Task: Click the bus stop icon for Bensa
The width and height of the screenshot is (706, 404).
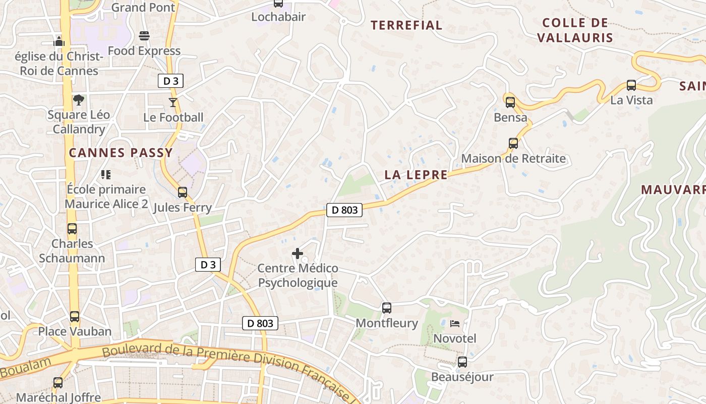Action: [x=510, y=103]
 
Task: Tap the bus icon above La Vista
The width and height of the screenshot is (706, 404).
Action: [x=631, y=85]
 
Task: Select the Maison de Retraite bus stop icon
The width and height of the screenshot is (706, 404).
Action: [x=513, y=143]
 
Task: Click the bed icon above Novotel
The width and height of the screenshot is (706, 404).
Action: [x=455, y=323]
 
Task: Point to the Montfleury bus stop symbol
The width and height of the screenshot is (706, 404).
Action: [x=387, y=308]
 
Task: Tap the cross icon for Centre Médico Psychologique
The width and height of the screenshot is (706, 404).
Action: [x=298, y=253]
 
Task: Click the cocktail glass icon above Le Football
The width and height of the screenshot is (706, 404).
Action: [x=173, y=103]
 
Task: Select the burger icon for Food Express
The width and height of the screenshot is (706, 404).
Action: [x=144, y=36]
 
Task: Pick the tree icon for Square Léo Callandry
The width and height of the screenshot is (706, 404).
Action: [x=78, y=100]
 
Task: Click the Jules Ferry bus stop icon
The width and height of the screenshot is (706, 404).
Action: [x=182, y=192]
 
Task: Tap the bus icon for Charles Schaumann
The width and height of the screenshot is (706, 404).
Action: [x=72, y=229]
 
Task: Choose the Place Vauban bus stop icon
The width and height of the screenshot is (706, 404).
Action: [x=75, y=317]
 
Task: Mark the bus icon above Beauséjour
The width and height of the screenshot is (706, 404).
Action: [x=462, y=362]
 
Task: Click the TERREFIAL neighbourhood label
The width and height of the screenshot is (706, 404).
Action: [x=406, y=25]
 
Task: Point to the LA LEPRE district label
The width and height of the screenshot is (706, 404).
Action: [x=416, y=175]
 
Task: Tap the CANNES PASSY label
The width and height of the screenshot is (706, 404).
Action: [x=121, y=153]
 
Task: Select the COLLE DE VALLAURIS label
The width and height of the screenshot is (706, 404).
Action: [x=575, y=30]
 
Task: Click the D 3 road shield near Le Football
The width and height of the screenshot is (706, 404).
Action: [x=170, y=81]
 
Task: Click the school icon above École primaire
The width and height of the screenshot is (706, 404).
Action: [x=106, y=175]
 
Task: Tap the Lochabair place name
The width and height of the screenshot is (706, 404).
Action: [x=278, y=17]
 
